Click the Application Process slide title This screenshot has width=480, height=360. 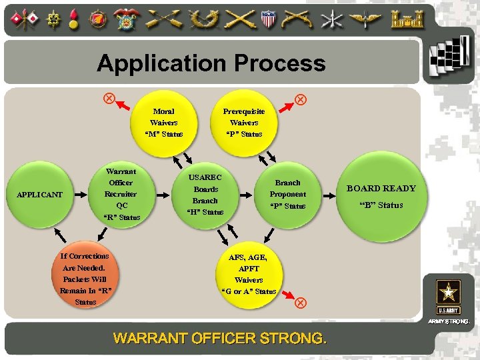click(x=211, y=63)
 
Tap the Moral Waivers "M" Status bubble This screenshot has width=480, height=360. click(x=163, y=123)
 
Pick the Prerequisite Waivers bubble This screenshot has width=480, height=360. click(x=244, y=123)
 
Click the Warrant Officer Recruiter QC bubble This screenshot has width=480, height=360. click(x=121, y=194)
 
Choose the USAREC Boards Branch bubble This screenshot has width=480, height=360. click(x=205, y=195)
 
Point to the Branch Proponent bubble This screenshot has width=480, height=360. click(x=287, y=194)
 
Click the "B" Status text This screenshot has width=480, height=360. click(x=381, y=205)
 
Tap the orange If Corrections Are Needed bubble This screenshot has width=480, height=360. click(x=85, y=279)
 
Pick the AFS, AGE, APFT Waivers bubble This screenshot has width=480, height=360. click(x=248, y=274)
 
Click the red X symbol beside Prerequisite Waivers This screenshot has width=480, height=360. click(x=300, y=99)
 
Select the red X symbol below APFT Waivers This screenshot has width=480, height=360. click(x=300, y=302)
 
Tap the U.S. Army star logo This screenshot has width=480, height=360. click(x=448, y=295)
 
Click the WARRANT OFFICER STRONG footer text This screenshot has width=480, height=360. click(x=220, y=339)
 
